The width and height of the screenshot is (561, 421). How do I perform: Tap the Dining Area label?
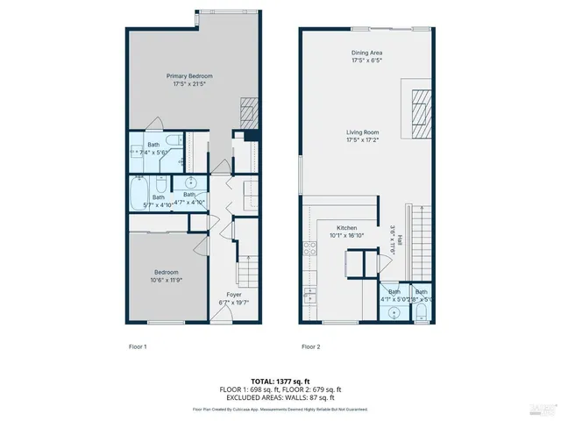coord(366,54)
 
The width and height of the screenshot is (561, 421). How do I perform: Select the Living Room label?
coord(366,132)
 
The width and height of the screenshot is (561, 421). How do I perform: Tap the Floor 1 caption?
coord(137,346)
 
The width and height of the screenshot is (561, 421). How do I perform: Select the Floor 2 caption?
coord(311,346)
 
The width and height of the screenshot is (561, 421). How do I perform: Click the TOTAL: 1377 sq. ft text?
coord(280,380)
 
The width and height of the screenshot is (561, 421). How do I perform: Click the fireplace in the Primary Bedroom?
coord(249,111)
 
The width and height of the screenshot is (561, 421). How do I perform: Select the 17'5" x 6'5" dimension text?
coord(366,61)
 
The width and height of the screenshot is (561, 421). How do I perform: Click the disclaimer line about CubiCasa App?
coord(280,409)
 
